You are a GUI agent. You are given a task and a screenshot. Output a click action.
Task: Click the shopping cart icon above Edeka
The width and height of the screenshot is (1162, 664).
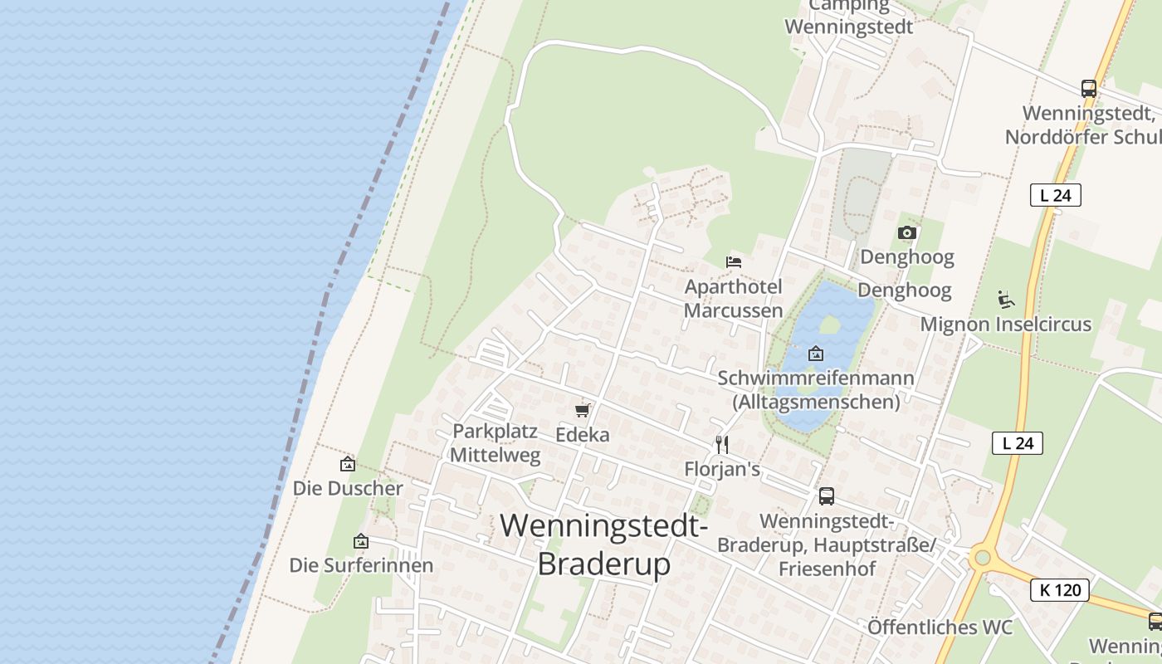583,410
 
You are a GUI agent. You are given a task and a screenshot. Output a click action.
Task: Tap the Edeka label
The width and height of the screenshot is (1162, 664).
583,434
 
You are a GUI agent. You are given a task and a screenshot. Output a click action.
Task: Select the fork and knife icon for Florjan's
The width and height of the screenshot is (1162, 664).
722,445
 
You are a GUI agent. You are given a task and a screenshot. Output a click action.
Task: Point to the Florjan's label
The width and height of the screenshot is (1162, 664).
722,469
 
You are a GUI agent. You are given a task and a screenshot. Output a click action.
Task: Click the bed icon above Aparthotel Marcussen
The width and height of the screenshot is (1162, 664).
734,262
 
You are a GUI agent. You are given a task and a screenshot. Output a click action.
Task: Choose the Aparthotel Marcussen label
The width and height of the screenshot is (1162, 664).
734,299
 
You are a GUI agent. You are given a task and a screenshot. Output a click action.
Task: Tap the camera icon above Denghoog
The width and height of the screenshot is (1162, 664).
907,233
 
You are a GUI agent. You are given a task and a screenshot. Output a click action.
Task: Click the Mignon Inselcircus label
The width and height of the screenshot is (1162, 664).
1006,324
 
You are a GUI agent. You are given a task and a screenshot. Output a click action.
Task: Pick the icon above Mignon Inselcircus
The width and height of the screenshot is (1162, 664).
1006,299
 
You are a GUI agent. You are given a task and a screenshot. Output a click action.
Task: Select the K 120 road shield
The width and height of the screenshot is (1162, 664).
1060,590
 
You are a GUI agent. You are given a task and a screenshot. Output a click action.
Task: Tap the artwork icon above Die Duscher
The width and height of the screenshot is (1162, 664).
348,464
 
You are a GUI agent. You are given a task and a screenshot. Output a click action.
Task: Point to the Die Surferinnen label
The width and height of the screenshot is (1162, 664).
361,565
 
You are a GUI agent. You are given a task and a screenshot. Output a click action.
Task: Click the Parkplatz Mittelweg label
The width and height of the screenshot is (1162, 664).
496,443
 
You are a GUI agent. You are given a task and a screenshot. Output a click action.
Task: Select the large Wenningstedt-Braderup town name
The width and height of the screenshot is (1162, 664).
604,544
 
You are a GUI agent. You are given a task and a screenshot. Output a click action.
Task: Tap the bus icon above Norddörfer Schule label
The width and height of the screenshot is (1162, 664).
1089,88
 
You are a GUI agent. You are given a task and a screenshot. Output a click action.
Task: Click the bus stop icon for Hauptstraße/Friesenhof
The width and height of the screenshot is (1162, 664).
827,496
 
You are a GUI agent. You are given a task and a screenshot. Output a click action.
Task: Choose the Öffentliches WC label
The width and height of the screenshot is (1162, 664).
940,627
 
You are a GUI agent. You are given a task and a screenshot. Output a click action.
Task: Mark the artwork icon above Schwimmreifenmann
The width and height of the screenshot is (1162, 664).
816,354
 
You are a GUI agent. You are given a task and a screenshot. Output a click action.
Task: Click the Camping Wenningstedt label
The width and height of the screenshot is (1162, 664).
848,17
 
